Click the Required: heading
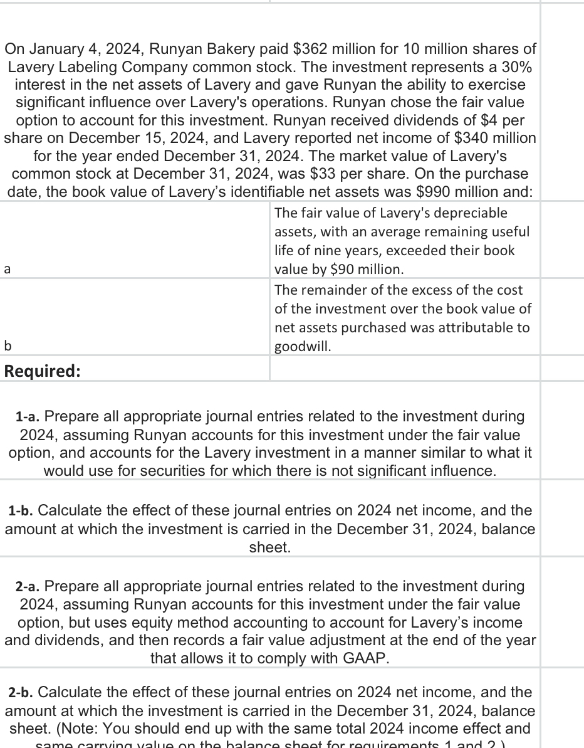[x=42, y=371]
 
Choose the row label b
[x=7, y=345]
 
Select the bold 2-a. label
[x=29, y=587]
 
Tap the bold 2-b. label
[x=22, y=693]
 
